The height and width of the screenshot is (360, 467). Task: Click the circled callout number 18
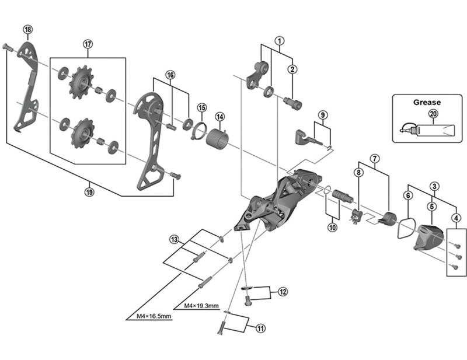[x=27, y=30]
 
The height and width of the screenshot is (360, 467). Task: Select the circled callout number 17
[x=88, y=44]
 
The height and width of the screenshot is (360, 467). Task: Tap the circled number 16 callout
[x=170, y=75]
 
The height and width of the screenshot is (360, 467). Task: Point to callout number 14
[x=220, y=116]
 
